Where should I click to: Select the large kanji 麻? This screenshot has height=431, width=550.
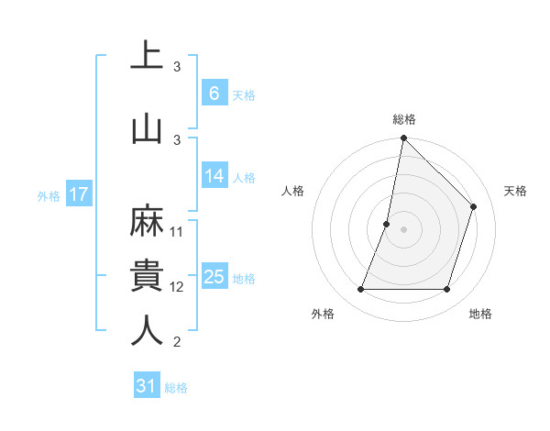pos(147,220)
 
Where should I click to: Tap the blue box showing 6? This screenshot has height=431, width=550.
pos(214,94)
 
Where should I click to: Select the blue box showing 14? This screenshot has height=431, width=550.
pos(214,177)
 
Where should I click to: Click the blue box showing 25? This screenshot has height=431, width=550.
pos(214,278)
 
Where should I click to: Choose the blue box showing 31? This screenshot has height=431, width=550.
pos(147,386)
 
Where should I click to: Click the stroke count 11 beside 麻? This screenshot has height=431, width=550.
pos(177,231)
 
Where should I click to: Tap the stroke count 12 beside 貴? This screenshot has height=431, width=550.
pos(177,287)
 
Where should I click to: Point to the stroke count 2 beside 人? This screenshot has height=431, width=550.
pos(177,342)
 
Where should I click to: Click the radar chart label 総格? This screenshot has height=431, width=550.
pos(403,119)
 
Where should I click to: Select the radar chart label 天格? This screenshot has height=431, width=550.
pos(515,191)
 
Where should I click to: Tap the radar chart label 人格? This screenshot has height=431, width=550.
pos(292,191)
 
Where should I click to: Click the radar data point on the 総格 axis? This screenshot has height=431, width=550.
pos(403,138)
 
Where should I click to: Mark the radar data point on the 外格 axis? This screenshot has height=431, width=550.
pos(360,290)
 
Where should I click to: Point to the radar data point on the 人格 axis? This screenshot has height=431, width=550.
pos(387,224)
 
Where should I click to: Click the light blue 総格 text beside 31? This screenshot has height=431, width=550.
pos(176,388)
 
